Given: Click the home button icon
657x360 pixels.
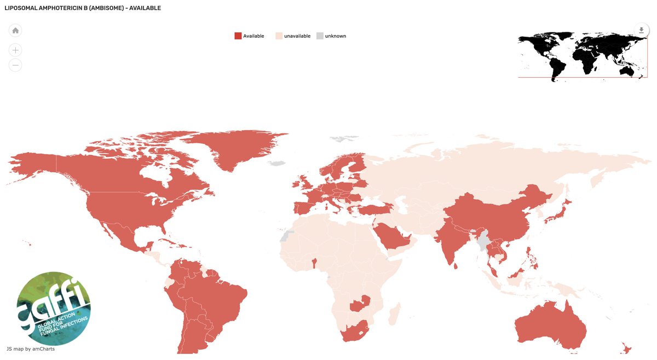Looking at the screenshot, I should pos(16,31).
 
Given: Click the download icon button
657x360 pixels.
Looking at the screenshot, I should pos(641,30).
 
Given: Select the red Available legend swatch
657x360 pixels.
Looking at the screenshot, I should pos(238,36).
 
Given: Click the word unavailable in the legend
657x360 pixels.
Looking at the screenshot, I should pos(297,36).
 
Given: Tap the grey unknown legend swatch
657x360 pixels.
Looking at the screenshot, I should pos(320,36).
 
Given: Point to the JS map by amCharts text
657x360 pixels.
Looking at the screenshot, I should pos(31,349).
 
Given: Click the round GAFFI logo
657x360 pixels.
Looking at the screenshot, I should pos(54,309).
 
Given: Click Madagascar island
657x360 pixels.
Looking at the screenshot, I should pos(393,314).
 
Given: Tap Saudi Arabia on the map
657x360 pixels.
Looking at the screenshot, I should pos(393,236).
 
